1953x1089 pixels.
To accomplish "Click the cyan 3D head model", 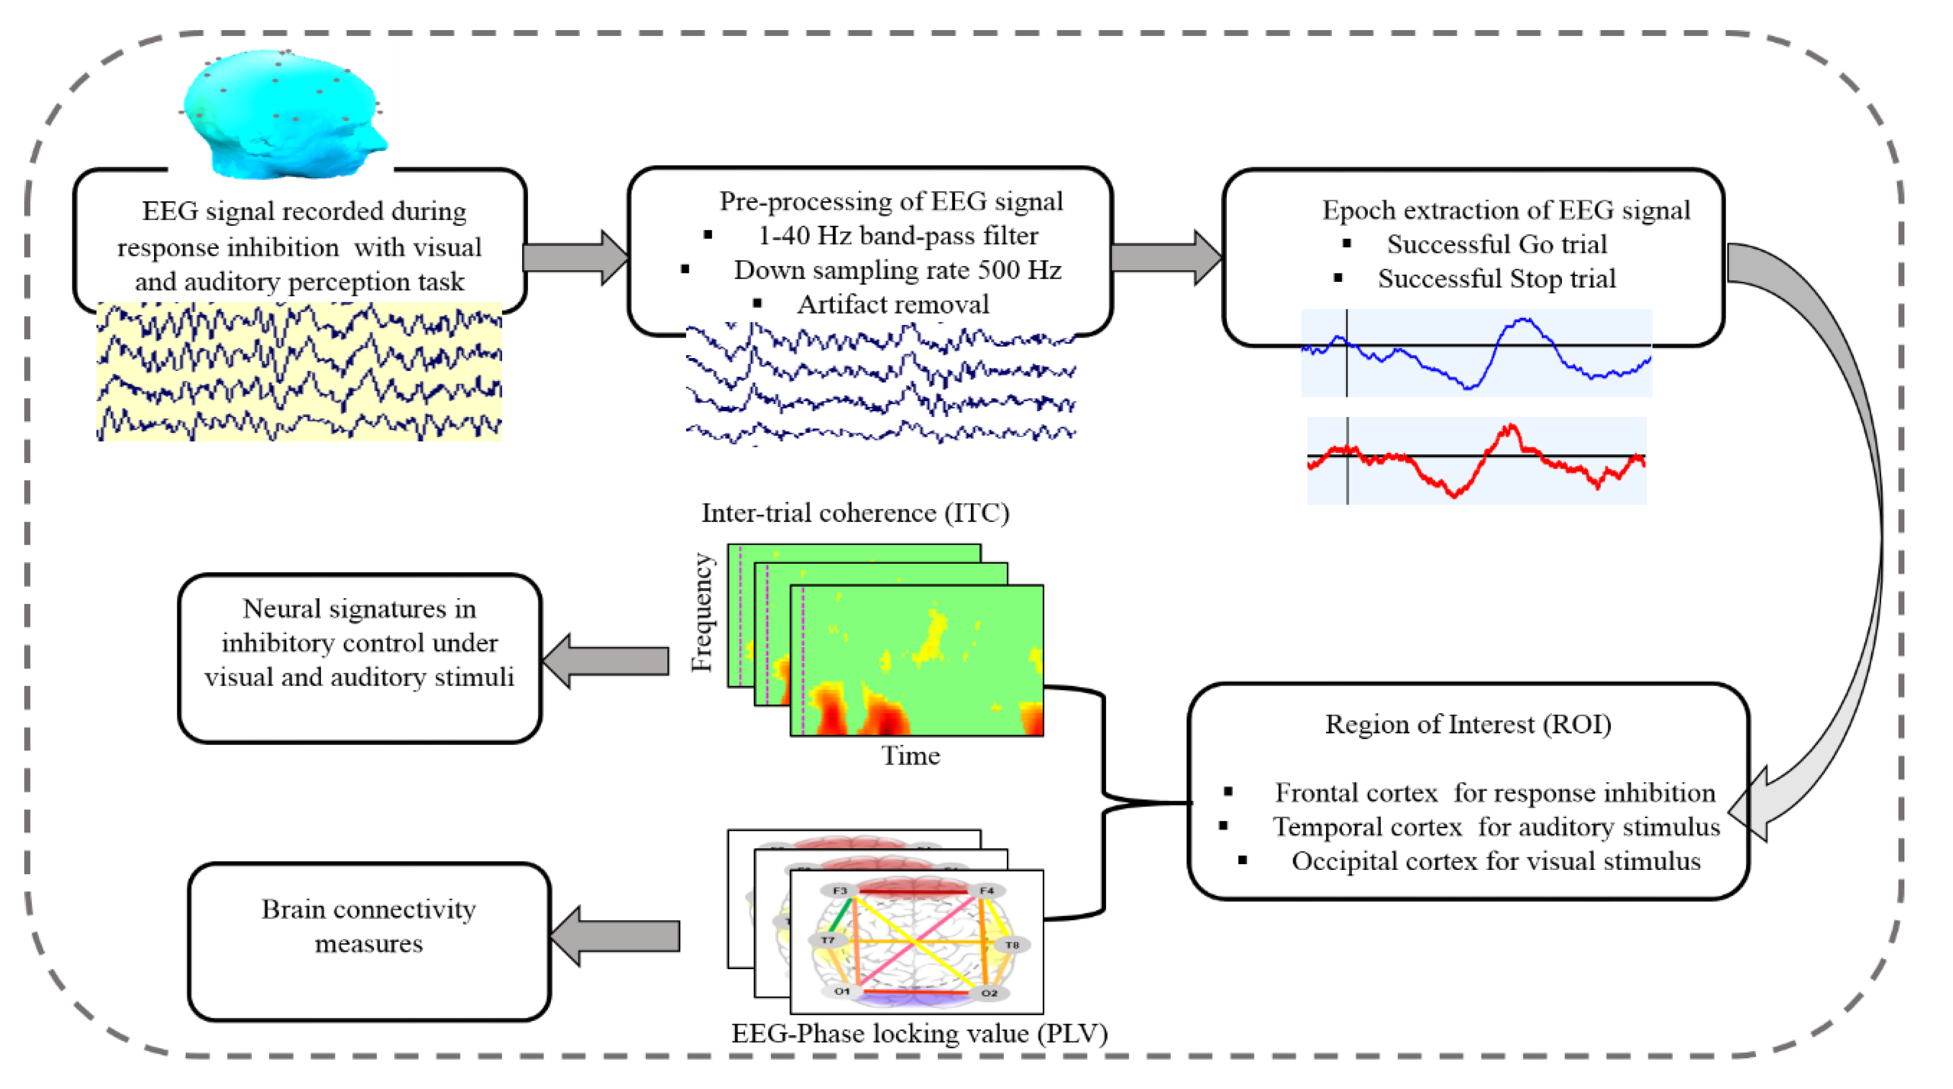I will point(284,113).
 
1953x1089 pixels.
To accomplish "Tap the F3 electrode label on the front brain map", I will point(839,891).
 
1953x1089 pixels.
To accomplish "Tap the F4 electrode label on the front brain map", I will point(986,891).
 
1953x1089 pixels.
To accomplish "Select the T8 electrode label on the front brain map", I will point(1012,945).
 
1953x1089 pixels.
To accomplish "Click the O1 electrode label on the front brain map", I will point(842,991).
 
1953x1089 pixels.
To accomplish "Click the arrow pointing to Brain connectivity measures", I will point(614,936).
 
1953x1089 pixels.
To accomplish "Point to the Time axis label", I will point(910,756).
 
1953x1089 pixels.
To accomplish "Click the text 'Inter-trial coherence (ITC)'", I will point(854,514).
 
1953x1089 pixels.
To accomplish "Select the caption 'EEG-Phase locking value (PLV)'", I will point(919,1034).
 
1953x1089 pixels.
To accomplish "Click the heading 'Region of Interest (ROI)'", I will point(1468,724).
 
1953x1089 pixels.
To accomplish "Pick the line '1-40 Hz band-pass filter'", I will point(898,236).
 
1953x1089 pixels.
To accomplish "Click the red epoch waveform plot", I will point(1476,460).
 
